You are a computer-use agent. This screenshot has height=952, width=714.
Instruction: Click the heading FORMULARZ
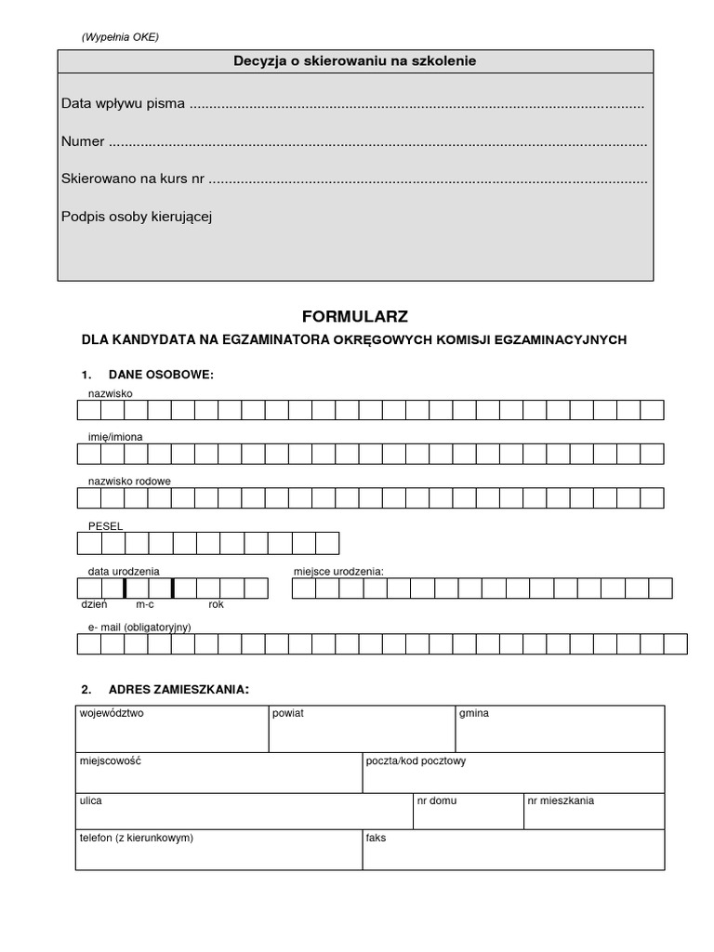pyautogui.click(x=355, y=316)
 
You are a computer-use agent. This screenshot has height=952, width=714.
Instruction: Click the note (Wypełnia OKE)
pyautogui.click(x=120, y=37)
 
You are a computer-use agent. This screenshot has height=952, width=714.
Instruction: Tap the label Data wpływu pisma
pyautogui.click(x=123, y=103)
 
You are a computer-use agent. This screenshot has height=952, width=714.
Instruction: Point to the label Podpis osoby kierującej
pyautogui.click(x=138, y=217)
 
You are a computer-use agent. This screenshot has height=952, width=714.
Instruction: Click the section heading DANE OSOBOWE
pyautogui.click(x=160, y=375)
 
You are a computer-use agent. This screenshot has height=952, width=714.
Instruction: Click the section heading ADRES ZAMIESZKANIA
pyautogui.click(x=178, y=690)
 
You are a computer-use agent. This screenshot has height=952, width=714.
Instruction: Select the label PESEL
pyautogui.click(x=105, y=526)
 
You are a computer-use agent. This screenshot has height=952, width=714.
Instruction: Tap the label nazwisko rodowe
pyautogui.click(x=129, y=481)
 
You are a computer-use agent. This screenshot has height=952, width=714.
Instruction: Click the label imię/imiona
pyautogui.click(x=115, y=436)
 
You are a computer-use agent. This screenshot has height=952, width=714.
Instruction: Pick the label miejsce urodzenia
pyautogui.click(x=338, y=571)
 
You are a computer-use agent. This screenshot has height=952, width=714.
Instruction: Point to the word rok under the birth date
pyautogui.click(x=217, y=604)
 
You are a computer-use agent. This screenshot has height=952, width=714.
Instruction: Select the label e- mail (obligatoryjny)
pyautogui.click(x=139, y=628)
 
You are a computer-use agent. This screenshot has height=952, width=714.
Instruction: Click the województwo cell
pyautogui.click(x=172, y=729)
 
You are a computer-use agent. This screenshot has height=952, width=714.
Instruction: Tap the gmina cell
pyautogui.click(x=559, y=729)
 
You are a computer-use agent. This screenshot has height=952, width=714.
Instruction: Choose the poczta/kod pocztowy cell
pyautogui.click(x=513, y=773)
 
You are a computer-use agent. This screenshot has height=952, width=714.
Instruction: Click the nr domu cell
pyautogui.click(x=468, y=811)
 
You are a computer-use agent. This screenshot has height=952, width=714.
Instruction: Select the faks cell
pyautogui.click(x=513, y=850)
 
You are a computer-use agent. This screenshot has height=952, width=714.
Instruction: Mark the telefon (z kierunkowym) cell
pyautogui.click(x=218, y=850)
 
